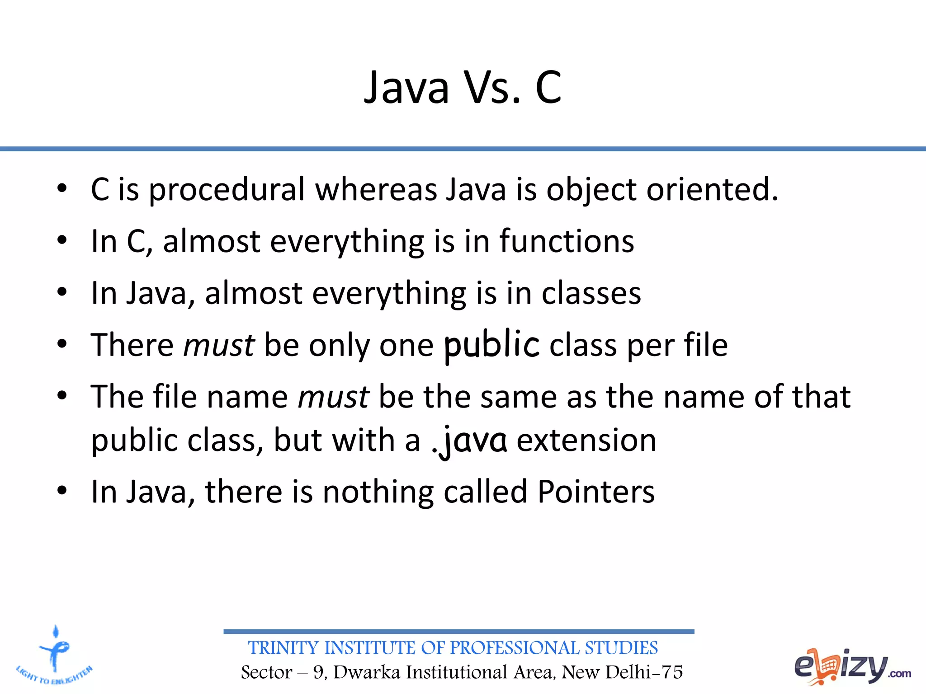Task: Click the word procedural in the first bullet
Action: [227, 190]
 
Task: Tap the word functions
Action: [567, 241]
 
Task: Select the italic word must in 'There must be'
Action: [219, 346]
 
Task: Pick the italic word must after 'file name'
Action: [334, 397]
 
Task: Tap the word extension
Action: [586, 441]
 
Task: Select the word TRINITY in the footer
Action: [284, 648]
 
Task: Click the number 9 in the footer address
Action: [319, 672]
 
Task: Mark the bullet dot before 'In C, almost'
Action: [62, 241]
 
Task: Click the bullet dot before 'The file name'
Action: [62, 396]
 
